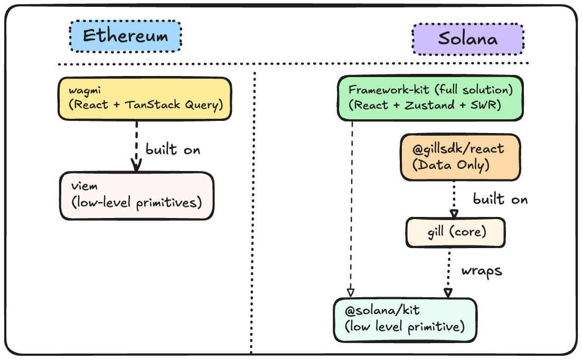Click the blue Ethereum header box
click(125, 36)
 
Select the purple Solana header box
click(467, 39)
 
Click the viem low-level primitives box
click(137, 195)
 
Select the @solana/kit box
click(405, 319)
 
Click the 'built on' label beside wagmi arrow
click(173, 149)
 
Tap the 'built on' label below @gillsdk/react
click(500, 200)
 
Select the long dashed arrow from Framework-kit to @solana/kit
click(351, 211)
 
